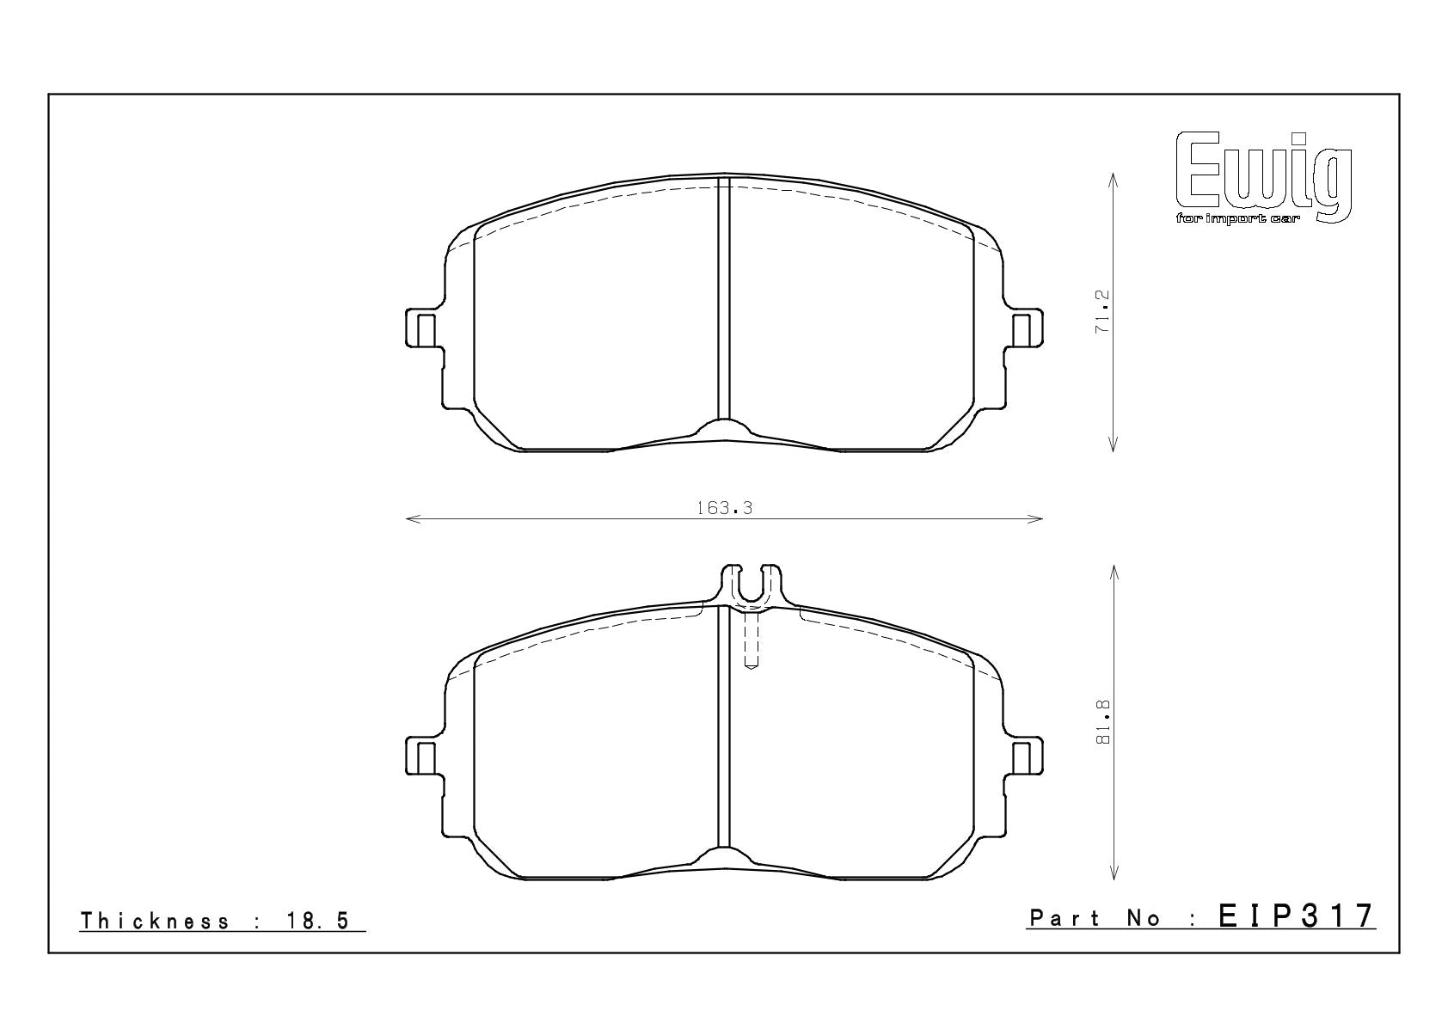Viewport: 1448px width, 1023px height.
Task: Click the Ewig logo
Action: tap(1263, 178)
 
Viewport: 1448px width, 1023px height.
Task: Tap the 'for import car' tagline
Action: tap(1237, 219)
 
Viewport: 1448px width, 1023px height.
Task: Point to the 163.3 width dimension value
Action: tap(724, 508)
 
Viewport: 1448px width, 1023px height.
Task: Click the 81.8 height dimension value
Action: tap(1103, 721)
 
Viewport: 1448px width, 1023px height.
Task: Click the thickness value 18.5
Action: tap(317, 920)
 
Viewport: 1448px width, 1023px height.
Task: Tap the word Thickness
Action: tap(155, 920)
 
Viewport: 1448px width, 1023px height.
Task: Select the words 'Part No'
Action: tap(1095, 917)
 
